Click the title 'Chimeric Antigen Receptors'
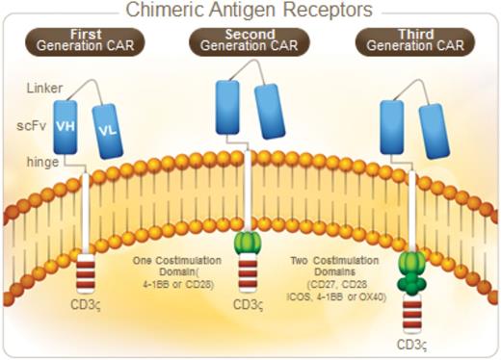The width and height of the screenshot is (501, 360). pos(250,11)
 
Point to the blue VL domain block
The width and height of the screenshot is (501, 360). pos(107,131)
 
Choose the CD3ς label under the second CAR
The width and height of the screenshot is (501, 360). pos(250,306)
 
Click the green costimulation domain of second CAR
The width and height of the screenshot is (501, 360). pos(250,242)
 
